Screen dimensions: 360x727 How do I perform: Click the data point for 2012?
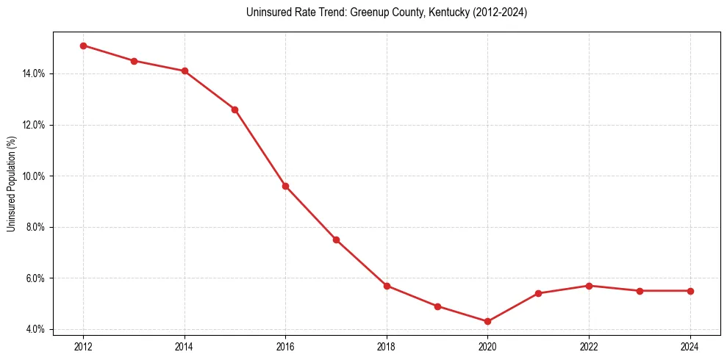click(x=83, y=46)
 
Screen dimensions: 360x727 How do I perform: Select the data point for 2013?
click(x=134, y=61)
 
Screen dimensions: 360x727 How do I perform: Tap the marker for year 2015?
click(x=234, y=109)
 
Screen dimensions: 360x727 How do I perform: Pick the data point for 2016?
click(x=285, y=186)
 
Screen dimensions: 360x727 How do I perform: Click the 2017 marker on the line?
click(x=336, y=240)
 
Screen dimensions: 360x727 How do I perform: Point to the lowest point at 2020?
click(x=487, y=321)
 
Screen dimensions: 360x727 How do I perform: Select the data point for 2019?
click(x=437, y=306)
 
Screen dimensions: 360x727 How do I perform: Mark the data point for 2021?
click(x=538, y=293)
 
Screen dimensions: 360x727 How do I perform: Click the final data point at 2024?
click(x=690, y=291)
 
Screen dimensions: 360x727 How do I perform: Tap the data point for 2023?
click(x=640, y=291)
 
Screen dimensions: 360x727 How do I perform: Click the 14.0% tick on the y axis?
click(x=35, y=73)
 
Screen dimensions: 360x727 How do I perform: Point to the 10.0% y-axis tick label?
click(x=35, y=176)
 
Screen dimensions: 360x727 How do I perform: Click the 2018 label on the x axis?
click(x=387, y=346)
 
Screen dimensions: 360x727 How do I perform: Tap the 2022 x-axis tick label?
click(x=589, y=346)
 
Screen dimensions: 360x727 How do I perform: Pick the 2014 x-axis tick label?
click(x=185, y=346)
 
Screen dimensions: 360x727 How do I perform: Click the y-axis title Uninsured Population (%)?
click(x=11, y=184)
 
